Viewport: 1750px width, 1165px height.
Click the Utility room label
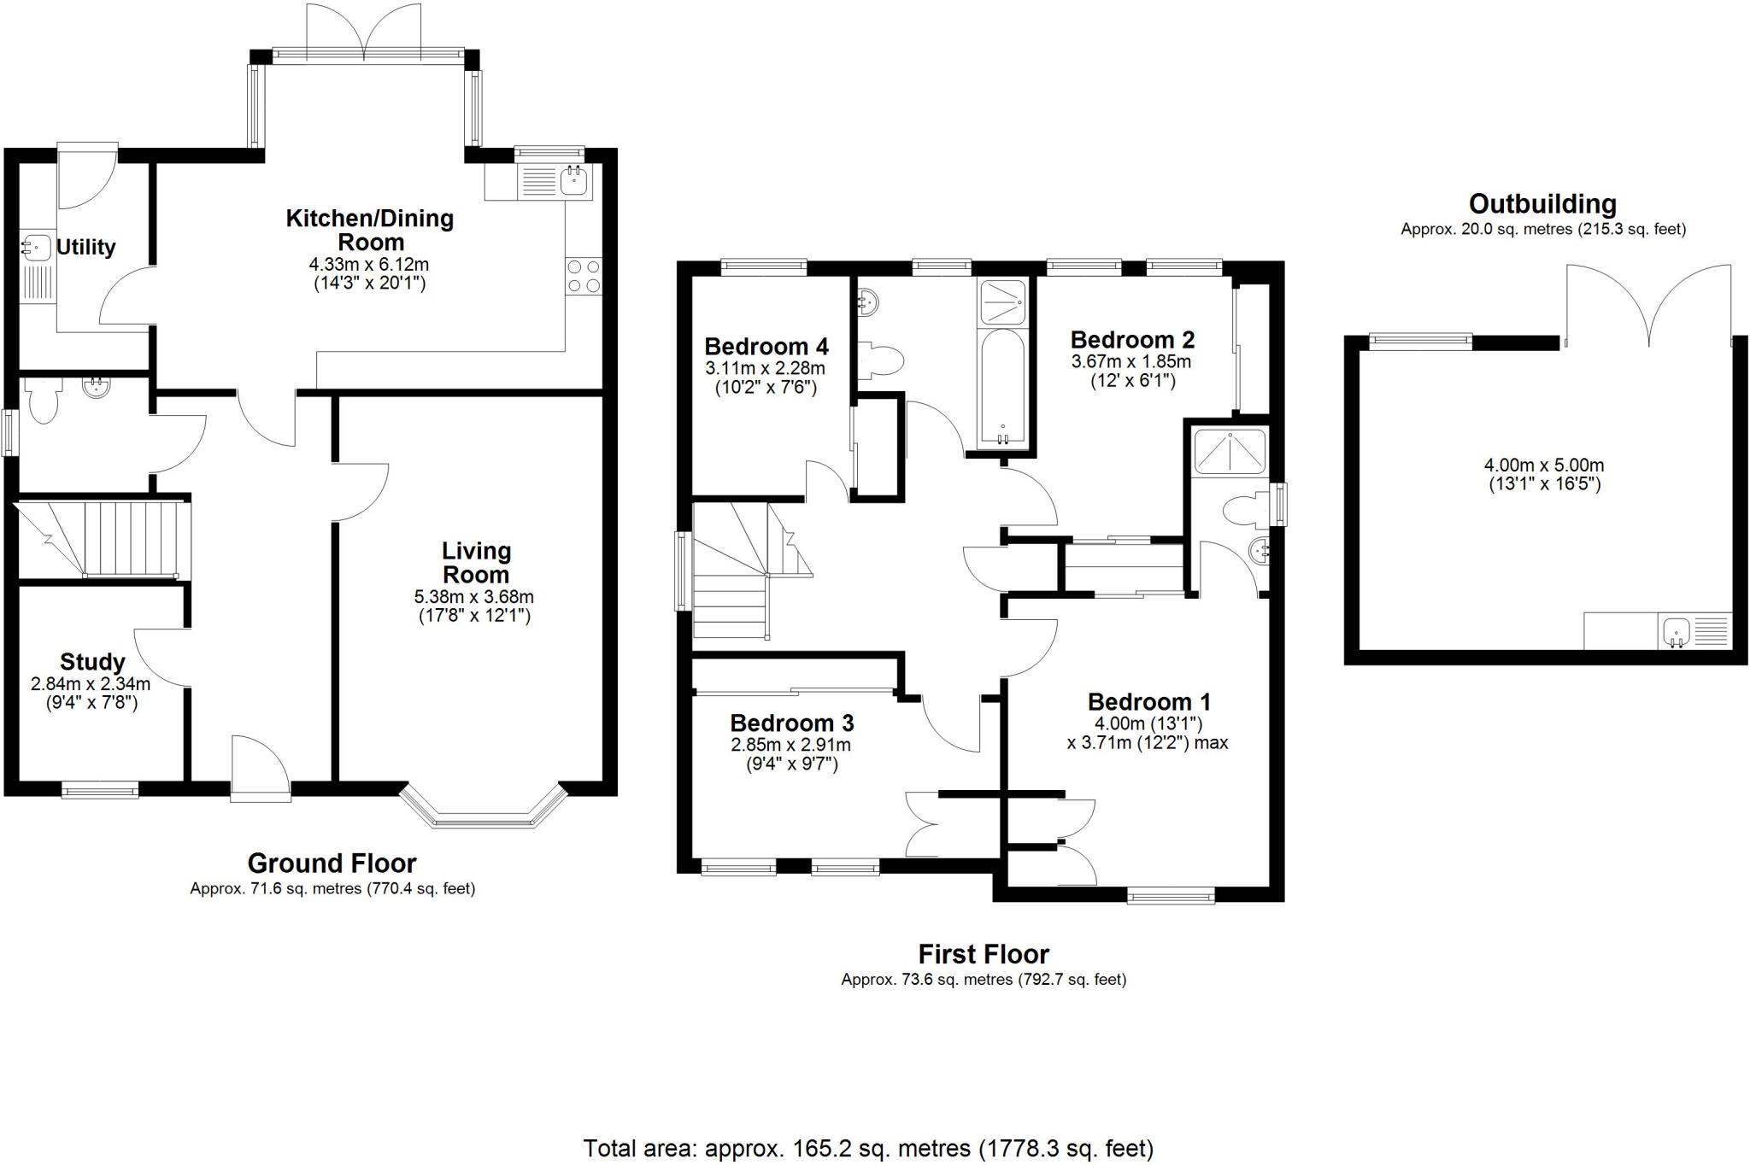click(85, 247)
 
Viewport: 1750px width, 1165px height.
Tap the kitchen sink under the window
click(574, 181)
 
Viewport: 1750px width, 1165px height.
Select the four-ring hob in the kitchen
click(584, 276)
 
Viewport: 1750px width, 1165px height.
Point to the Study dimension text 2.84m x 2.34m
click(91, 684)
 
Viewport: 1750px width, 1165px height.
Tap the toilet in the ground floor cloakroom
click(42, 401)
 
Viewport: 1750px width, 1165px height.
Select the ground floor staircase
click(103, 540)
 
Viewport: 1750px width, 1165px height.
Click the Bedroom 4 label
click(766, 347)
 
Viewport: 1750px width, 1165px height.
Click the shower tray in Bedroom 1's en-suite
click(1230, 452)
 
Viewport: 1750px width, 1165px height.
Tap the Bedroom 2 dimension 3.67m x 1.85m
click(1131, 361)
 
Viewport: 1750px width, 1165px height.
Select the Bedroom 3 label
click(791, 723)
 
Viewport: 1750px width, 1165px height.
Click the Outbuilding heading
click(1542, 204)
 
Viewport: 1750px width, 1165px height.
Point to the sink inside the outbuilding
click(1677, 633)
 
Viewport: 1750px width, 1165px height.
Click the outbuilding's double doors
click(1648, 307)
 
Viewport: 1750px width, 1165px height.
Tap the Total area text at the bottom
click(868, 1148)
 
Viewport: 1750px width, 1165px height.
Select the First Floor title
click(984, 953)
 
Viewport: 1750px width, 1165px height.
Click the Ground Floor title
click(332, 863)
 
